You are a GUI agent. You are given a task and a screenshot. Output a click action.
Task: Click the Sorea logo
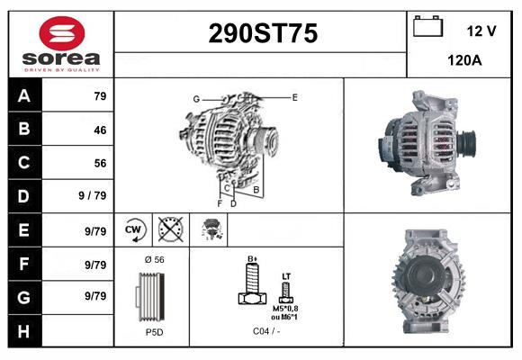coord(60,44)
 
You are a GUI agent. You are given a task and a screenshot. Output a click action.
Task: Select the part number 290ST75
coord(262,33)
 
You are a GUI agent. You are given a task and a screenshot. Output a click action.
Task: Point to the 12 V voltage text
coord(481,31)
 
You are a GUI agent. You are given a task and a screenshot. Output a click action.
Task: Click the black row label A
coord(23,96)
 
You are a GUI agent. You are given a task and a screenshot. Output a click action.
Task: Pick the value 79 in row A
coord(100,96)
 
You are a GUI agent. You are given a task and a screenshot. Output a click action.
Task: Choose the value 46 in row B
coord(100,130)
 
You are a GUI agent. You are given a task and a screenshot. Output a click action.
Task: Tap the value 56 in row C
coord(100,163)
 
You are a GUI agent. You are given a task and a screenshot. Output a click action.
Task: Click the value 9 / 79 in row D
coord(93,195)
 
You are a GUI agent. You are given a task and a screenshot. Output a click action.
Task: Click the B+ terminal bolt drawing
coord(253,286)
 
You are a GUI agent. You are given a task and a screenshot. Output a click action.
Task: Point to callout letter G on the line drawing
coord(195,99)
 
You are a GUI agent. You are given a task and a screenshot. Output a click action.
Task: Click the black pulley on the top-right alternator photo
coord(465,143)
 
